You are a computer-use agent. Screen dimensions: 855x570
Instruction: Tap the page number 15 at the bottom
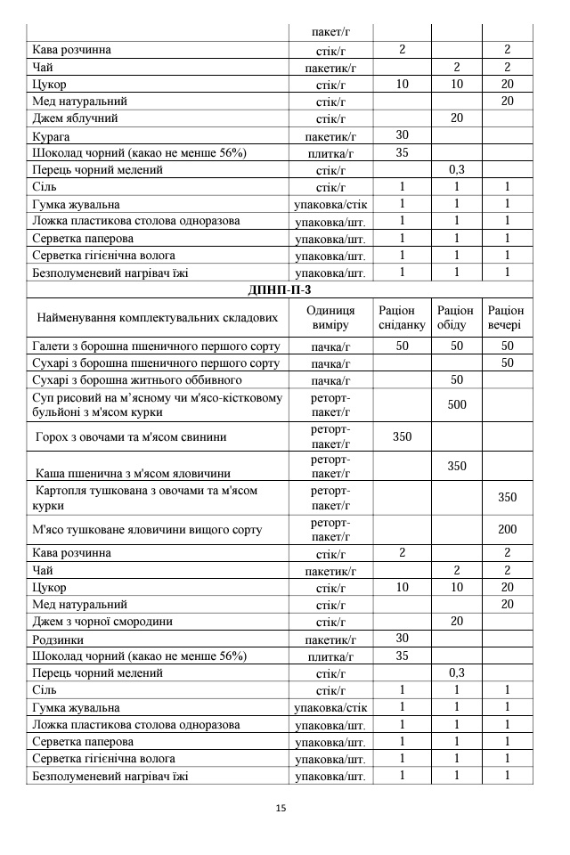click(x=281, y=809)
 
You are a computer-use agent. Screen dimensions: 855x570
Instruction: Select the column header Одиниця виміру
click(x=330, y=317)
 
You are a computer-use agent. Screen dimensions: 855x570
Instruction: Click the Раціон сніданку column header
click(x=402, y=317)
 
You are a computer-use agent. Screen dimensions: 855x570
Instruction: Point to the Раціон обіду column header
click(x=456, y=317)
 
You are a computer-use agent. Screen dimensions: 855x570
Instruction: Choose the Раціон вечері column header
click(x=506, y=317)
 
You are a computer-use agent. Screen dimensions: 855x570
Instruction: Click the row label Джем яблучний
click(x=75, y=118)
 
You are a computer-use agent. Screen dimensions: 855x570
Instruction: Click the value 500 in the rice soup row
click(x=457, y=404)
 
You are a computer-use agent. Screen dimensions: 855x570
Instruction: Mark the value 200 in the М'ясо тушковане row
click(x=507, y=529)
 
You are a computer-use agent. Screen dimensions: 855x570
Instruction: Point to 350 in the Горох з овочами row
click(x=402, y=436)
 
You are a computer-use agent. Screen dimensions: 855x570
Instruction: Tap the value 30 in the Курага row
click(x=402, y=135)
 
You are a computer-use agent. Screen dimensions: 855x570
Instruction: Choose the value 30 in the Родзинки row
click(x=402, y=639)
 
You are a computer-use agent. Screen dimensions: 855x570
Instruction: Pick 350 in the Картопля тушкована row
click(x=507, y=497)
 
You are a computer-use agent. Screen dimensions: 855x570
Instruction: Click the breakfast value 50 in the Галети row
click(x=402, y=346)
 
